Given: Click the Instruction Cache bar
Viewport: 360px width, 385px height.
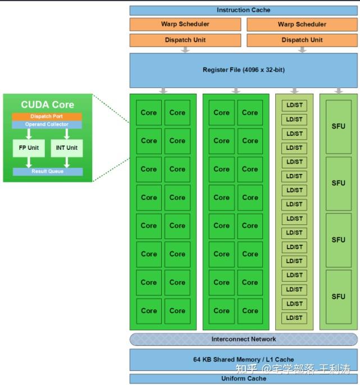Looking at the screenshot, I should click(x=244, y=10).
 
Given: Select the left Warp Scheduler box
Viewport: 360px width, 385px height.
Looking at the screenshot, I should click(x=185, y=24).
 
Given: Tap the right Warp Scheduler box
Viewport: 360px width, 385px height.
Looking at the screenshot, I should click(x=302, y=24).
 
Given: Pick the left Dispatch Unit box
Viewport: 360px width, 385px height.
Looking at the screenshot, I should click(x=185, y=40).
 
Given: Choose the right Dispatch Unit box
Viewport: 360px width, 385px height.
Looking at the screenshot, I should click(x=302, y=40).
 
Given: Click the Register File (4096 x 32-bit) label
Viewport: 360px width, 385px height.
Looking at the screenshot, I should click(x=244, y=70).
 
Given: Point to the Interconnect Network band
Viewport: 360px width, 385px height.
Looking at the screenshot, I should click(x=244, y=339).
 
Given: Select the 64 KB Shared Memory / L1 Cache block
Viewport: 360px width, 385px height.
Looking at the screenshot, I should click(x=244, y=359).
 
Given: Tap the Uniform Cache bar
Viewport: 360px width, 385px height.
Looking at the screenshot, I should click(x=244, y=378).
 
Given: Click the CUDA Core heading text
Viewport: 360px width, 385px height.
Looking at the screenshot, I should click(x=47, y=104).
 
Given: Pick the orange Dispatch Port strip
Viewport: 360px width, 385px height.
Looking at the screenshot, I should click(x=47, y=117).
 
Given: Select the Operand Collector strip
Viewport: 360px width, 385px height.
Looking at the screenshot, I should click(x=47, y=124).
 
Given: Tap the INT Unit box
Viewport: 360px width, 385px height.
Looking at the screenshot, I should click(x=67, y=148).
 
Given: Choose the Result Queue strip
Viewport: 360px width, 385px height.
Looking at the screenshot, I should click(x=47, y=171).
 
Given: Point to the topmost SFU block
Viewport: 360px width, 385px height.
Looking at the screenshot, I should click(x=338, y=126).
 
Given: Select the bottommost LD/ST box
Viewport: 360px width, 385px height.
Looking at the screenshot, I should click(x=294, y=318).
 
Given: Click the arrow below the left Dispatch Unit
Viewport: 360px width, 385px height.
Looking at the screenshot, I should click(x=185, y=50).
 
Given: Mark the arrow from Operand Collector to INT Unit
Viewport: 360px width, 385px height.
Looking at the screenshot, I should click(x=67, y=134).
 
